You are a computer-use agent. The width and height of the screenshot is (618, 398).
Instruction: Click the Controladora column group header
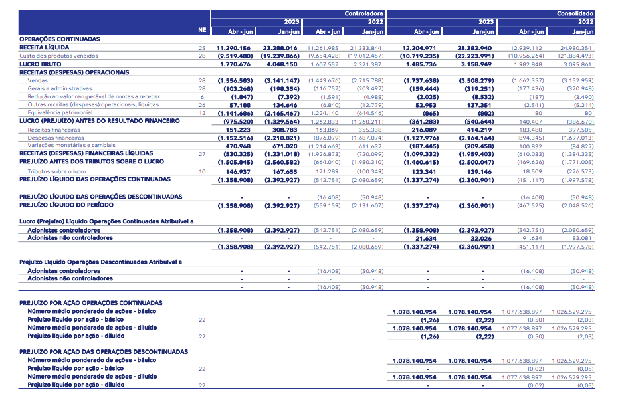[363, 13]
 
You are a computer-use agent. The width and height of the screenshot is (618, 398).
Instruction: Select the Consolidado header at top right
[575, 13]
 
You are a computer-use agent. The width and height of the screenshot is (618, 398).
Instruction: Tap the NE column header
[202, 30]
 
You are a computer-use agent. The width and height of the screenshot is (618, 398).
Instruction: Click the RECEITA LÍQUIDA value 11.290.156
[233, 48]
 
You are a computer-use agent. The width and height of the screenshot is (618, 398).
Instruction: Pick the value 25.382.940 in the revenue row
[474, 48]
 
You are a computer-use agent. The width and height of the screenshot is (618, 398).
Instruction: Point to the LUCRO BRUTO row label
[40, 64]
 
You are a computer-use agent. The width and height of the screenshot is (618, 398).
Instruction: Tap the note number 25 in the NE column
[202, 48]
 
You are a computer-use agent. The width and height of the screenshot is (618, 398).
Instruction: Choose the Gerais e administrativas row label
[60, 88]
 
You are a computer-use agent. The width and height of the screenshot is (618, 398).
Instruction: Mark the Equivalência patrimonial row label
[60, 113]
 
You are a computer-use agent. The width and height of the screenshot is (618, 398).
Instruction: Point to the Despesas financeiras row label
[56, 138]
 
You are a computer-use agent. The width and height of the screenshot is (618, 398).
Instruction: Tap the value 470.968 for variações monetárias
[238, 146]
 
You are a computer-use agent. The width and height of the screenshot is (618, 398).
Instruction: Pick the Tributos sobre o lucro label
[56, 171]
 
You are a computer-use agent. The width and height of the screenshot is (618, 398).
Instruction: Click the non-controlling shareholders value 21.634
[426, 238]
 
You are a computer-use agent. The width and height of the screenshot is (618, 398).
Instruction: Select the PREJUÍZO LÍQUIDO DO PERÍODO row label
[66, 205]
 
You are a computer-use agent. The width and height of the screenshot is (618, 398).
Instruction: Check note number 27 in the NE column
[202, 154]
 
